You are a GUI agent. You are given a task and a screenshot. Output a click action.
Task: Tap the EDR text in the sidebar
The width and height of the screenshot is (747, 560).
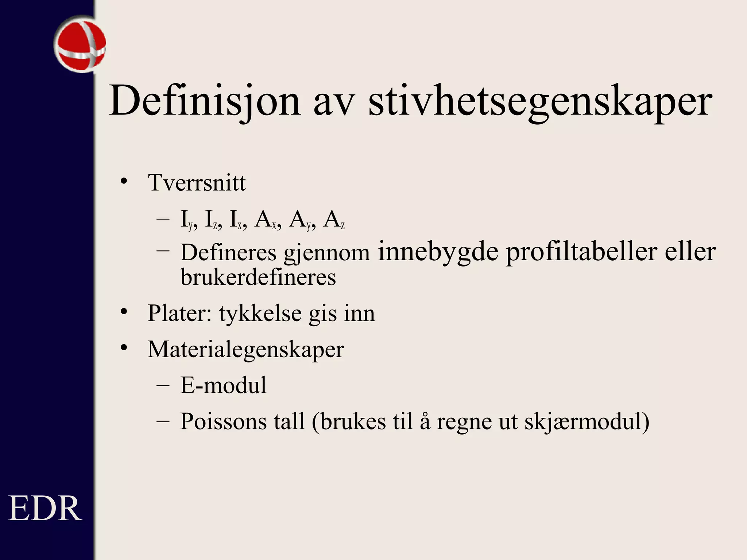(45, 509)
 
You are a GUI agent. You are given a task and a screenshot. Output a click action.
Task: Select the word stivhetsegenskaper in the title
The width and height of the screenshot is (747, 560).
(540, 101)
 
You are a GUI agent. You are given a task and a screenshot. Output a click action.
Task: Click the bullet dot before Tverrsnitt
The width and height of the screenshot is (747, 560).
(124, 181)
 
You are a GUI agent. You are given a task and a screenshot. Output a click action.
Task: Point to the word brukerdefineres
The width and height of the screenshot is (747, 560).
(258, 277)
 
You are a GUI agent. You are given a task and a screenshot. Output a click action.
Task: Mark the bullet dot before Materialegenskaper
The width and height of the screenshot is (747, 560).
(124, 348)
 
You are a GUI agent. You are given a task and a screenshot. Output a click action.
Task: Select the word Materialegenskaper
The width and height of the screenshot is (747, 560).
(245, 349)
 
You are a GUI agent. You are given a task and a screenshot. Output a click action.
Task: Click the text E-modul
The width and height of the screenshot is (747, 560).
(223, 385)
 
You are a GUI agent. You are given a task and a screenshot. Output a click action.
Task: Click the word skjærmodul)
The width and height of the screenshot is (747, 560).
(587, 421)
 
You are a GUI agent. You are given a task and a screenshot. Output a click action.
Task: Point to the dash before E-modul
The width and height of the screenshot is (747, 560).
(163, 385)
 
